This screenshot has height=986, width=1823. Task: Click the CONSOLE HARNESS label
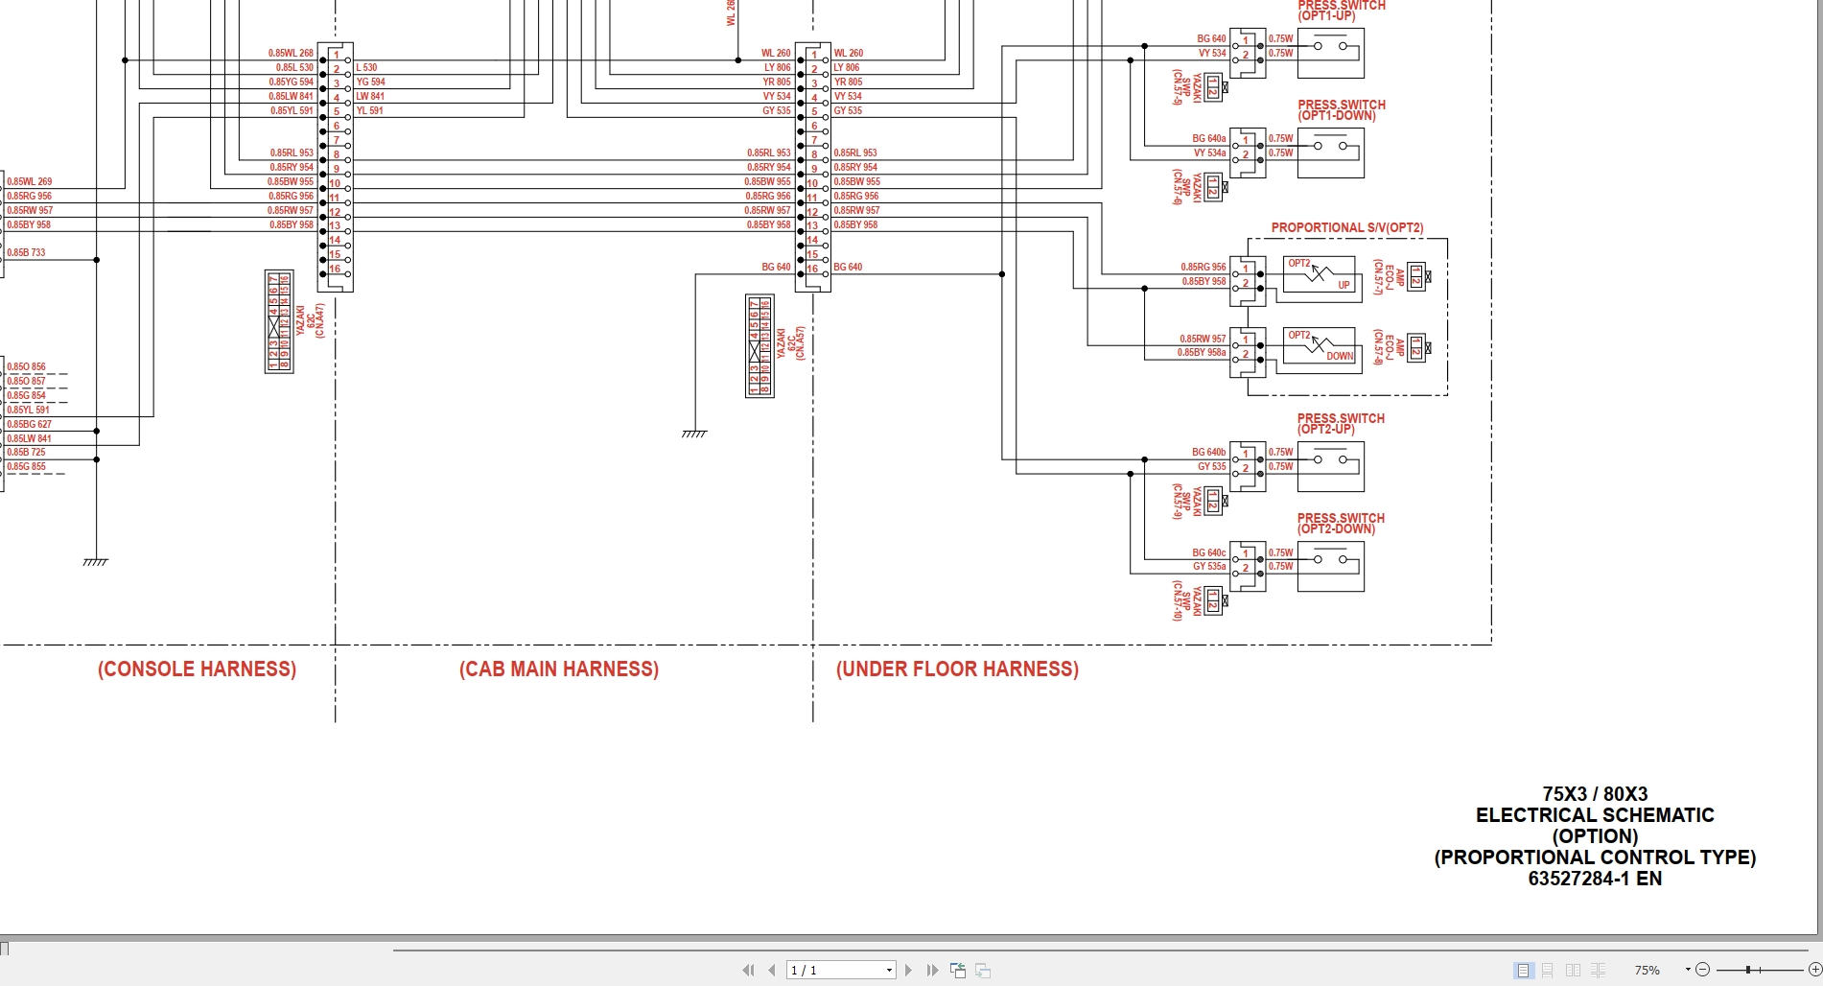pos(197,669)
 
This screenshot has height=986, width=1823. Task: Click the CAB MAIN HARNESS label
pos(559,669)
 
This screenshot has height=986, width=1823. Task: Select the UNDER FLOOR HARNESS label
pos(957,669)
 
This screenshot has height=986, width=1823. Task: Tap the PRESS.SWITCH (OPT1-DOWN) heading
pos(1341,110)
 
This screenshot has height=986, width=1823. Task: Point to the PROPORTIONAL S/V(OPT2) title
pos(1346,228)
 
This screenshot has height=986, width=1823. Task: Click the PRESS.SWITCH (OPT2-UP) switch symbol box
pos(1330,464)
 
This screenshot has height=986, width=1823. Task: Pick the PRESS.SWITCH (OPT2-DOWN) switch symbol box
pos(1330,565)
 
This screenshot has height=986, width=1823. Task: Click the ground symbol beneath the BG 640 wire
pos(694,434)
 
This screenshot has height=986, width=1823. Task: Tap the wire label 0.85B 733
pos(27,253)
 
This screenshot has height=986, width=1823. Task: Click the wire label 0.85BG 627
pos(30,424)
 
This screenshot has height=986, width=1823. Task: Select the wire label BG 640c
pos(1208,552)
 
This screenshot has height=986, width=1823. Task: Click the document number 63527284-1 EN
pos(1594,879)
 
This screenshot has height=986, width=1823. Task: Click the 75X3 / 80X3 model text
pos(1594,794)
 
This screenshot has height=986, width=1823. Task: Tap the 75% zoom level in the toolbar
pos(1647,971)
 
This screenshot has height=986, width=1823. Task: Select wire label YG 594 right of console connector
pos(370,82)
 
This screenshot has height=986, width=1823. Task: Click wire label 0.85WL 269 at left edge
pos(30,181)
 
